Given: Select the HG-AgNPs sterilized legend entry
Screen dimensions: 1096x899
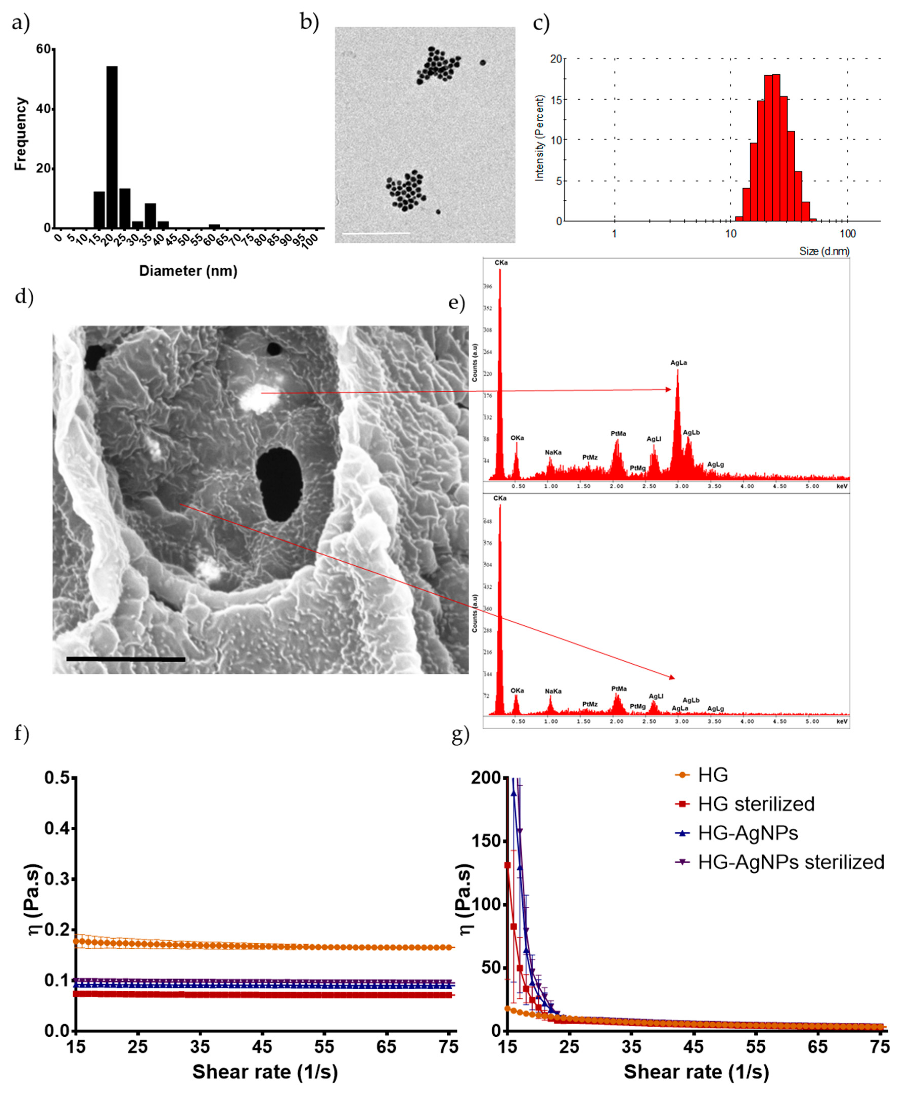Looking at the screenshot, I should click(790, 862).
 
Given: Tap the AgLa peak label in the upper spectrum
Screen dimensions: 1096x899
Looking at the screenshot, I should click(678, 363).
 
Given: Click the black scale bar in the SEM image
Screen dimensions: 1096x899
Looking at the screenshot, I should click(126, 659).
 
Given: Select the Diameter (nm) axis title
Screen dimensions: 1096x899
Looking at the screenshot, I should click(188, 271).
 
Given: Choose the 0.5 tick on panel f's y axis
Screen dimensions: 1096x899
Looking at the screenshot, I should click(57, 778).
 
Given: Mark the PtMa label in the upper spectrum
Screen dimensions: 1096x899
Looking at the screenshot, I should click(618, 433).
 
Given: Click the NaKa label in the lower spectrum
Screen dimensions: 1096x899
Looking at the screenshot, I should click(553, 691).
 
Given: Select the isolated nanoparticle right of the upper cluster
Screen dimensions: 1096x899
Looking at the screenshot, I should click(483, 63).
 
